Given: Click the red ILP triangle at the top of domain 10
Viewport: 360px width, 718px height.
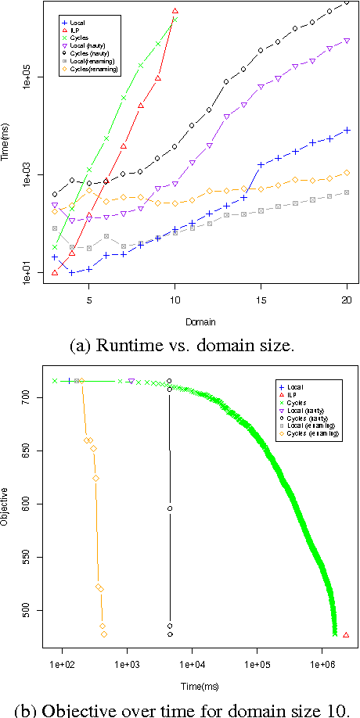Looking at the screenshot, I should click(175, 11).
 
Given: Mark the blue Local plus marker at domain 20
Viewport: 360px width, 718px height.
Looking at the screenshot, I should click(347, 130).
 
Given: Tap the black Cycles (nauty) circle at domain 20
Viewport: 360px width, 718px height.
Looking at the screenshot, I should click(347, 3).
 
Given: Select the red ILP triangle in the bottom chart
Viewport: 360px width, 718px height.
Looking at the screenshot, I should click(347, 635).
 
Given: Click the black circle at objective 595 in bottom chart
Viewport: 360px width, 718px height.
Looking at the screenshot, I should click(169, 508).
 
